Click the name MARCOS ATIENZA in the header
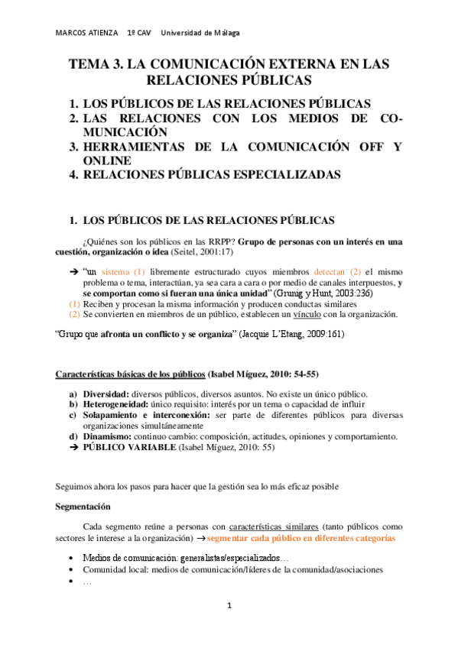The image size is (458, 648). [x=86, y=33]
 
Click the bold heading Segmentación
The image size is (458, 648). [x=83, y=507]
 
